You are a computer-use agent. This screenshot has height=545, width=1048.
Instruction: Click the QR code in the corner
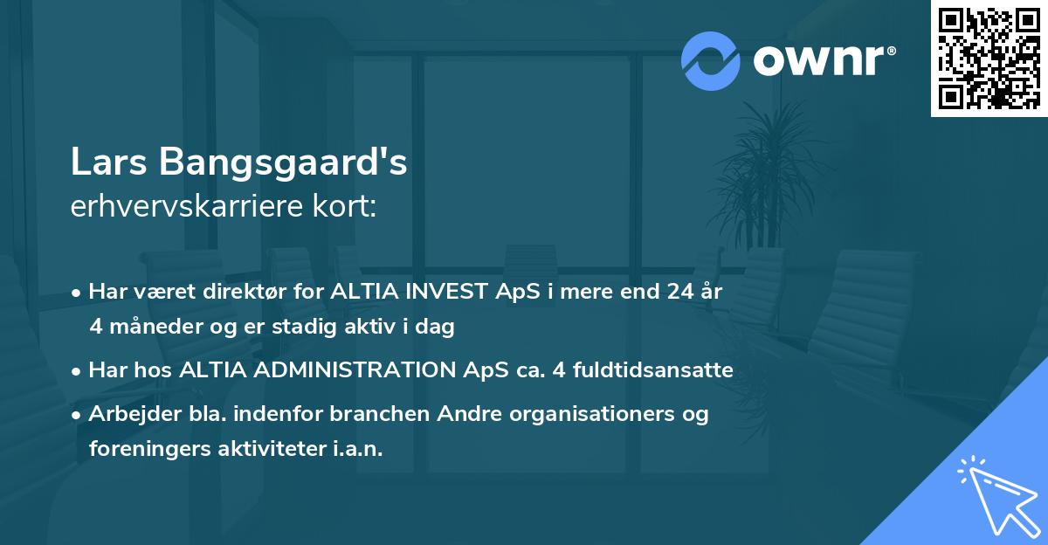989,59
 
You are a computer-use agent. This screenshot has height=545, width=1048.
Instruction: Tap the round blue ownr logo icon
711,60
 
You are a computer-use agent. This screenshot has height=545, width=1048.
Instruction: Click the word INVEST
437,292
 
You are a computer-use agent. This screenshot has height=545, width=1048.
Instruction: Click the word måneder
155,328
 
